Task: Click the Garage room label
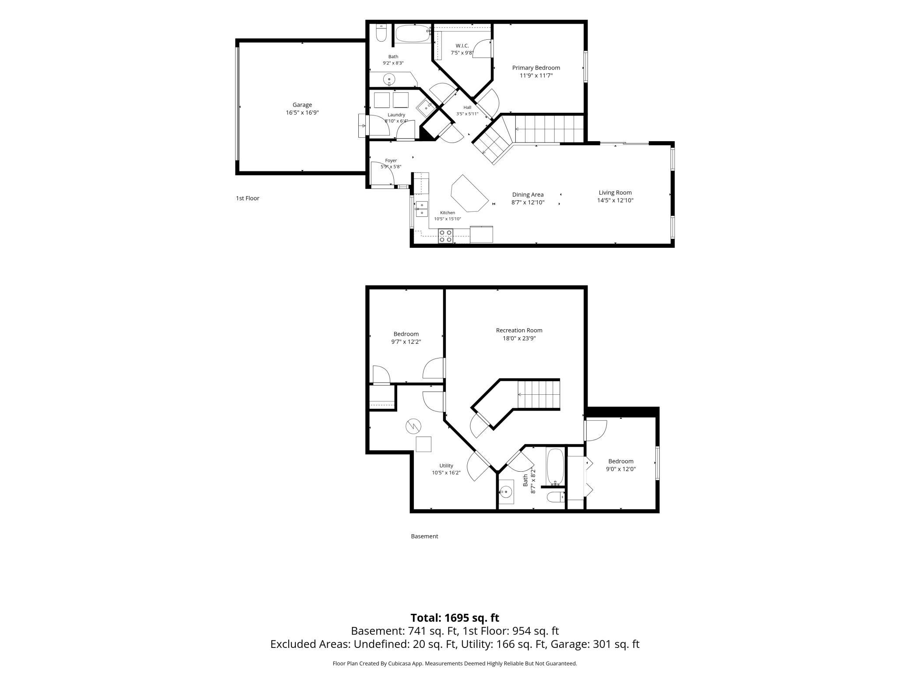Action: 302,105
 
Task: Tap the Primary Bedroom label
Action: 536,68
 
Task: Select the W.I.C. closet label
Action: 462,46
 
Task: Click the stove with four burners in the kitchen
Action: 445,236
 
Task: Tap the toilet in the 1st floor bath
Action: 381,33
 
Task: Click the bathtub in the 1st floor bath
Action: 413,34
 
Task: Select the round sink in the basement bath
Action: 506,492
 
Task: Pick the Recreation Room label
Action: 519,331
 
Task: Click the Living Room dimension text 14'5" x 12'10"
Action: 615,201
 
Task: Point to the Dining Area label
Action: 528,195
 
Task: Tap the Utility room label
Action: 446,466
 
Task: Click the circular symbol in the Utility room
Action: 413,426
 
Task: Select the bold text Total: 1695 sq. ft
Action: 455,618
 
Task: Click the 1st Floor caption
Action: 248,198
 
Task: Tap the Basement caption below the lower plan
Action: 424,536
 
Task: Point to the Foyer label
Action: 391,160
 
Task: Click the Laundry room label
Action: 396,115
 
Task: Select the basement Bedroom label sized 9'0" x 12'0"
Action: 621,461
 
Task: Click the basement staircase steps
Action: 539,394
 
